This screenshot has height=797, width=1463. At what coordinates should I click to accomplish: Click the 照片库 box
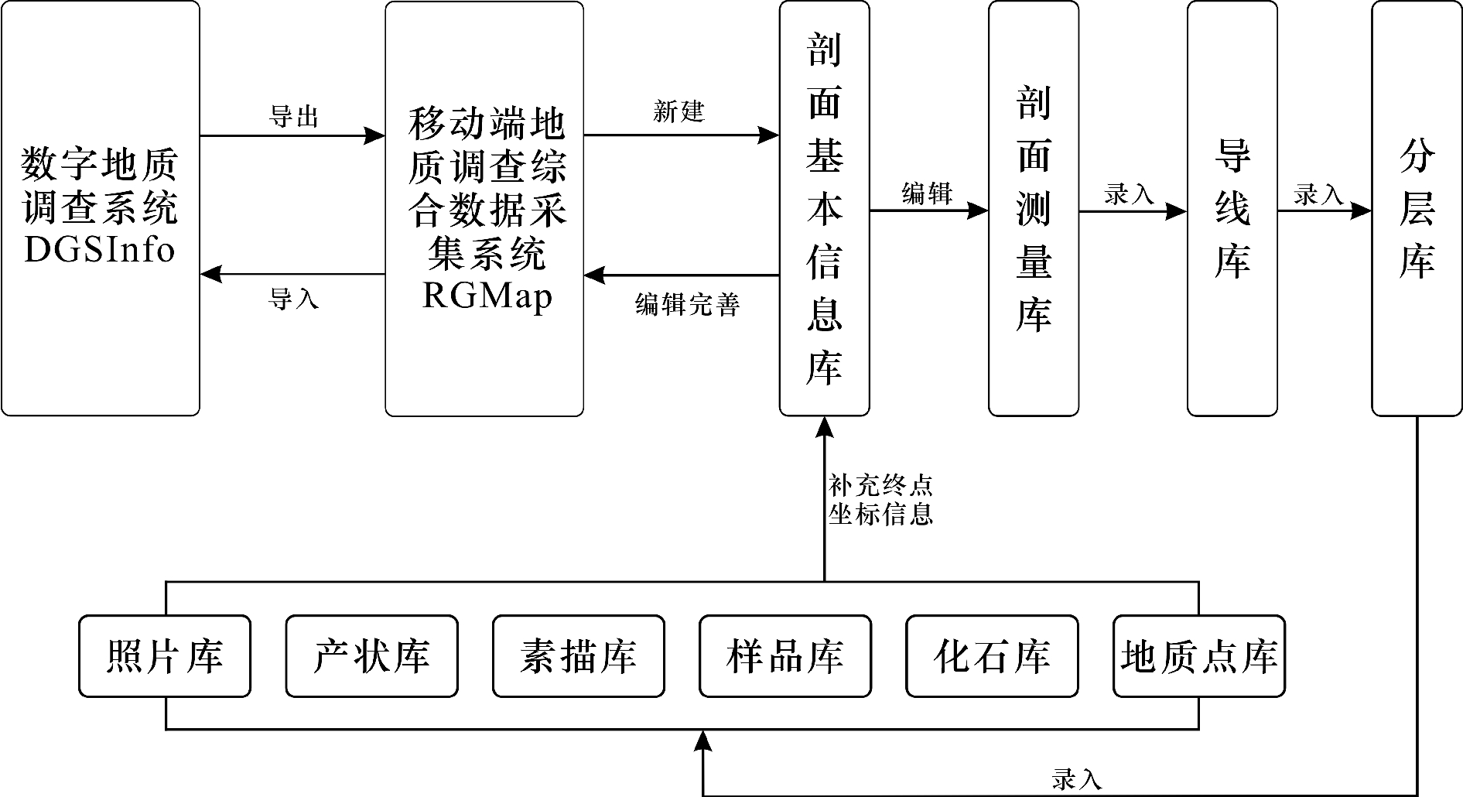(x=164, y=656)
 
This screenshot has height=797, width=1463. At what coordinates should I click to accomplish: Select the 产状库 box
(x=371, y=656)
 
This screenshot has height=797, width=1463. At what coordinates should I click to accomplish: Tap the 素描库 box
(x=578, y=656)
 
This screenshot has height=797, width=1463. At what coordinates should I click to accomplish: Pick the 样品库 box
(x=784, y=656)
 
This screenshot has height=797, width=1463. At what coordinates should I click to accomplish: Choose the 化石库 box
(x=992, y=656)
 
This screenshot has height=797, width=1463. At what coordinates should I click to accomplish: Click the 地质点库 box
(x=1198, y=656)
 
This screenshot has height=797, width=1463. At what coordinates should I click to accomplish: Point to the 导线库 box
(x=1232, y=209)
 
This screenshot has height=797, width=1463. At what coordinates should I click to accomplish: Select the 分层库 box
(x=1417, y=209)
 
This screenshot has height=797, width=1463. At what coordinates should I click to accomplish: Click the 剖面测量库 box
(x=1033, y=209)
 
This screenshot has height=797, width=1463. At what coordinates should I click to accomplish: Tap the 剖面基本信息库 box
(x=824, y=209)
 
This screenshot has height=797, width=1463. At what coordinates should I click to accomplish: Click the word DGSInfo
(x=100, y=250)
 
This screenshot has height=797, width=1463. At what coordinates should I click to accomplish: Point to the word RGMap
(x=487, y=296)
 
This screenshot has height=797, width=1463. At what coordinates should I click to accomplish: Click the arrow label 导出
(x=293, y=118)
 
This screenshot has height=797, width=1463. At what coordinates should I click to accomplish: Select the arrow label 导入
(x=293, y=299)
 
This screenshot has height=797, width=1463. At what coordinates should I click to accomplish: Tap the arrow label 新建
(x=679, y=112)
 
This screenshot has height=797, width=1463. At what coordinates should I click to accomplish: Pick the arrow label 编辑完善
(x=687, y=304)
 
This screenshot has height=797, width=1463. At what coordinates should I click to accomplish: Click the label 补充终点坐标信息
(x=880, y=500)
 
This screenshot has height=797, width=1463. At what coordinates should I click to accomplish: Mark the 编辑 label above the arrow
(x=927, y=193)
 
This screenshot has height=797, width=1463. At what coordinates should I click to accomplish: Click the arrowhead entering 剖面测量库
(x=979, y=210)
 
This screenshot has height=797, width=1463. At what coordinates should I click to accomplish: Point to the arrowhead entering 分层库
(x=1362, y=210)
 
